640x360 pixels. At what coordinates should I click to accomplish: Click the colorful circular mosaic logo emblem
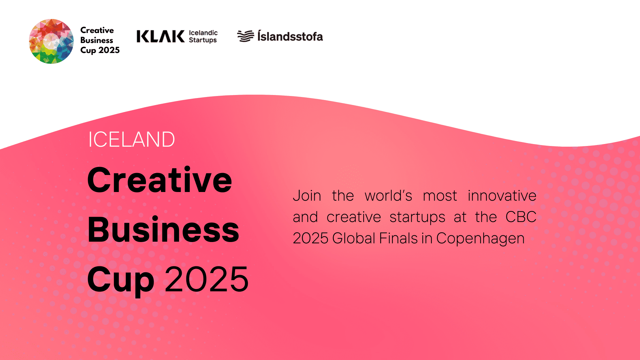pyautogui.click(x=51, y=41)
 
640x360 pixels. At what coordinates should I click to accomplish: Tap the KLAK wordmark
pyautogui.click(x=160, y=36)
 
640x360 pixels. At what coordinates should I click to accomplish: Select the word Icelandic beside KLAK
pyautogui.click(x=203, y=33)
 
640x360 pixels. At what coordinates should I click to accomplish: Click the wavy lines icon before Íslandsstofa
pyautogui.click(x=246, y=36)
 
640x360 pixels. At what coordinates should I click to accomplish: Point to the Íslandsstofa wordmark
pyautogui.click(x=290, y=36)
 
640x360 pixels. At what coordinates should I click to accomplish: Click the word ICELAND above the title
pyautogui.click(x=132, y=139)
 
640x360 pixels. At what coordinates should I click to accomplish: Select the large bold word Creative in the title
pyautogui.click(x=160, y=180)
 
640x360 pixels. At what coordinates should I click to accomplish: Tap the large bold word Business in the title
pyautogui.click(x=163, y=229)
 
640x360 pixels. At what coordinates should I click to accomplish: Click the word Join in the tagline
pyautogui.click(x=307, y=196)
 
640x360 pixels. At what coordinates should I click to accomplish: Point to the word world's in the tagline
pyautogui.click(x=388, y=196)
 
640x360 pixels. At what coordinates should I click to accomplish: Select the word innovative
pyautogui.click(x=502, y=196)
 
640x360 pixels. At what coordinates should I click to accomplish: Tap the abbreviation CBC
pyautogui.click(x=521, y=217)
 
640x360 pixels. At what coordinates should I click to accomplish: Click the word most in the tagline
pyautogui.click(x=440, y=196)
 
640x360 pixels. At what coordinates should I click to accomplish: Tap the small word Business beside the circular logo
pyautogui.click(x=97, y=40)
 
